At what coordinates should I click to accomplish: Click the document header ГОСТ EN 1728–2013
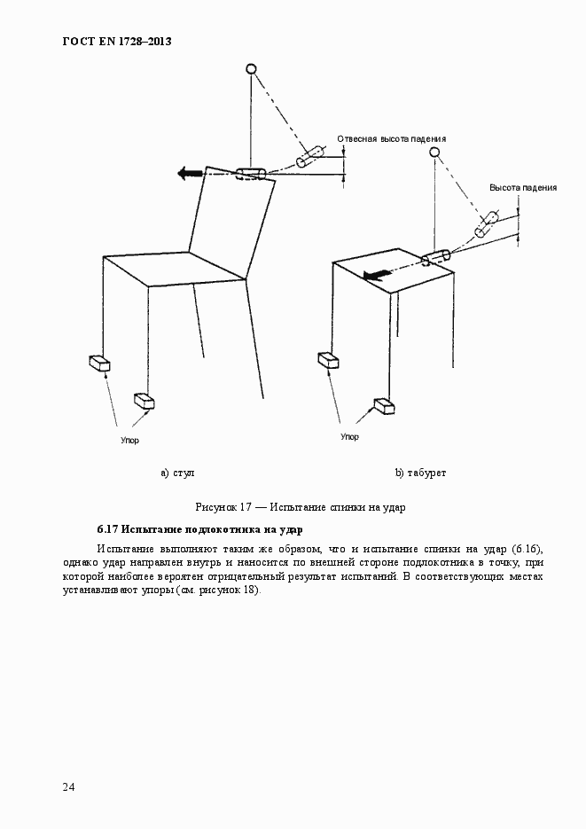click(117, 42)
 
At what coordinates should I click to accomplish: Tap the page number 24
click(68, 787)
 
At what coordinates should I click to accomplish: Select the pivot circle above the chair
click(251, 69)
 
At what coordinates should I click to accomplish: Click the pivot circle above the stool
click(434, 153)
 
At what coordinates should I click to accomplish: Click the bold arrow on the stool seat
click(376, 274)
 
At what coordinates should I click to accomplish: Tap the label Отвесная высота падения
click(392, 139)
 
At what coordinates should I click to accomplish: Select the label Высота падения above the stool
click(522, 188)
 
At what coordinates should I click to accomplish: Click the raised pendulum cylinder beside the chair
click(309, 157)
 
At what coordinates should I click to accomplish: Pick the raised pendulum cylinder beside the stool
click(487, 225)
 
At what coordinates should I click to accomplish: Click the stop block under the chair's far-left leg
click(99, 363)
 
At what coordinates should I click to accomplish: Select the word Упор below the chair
click(129, 440)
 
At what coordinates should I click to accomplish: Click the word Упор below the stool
click(349, 437)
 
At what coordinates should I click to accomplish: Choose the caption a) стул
click(177, 473)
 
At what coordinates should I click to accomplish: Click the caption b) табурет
click(420, 473)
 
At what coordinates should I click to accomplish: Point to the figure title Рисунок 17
click(223, 507)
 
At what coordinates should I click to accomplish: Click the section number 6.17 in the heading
click(107, 529)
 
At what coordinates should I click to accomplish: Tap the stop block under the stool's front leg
click(385, 406)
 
